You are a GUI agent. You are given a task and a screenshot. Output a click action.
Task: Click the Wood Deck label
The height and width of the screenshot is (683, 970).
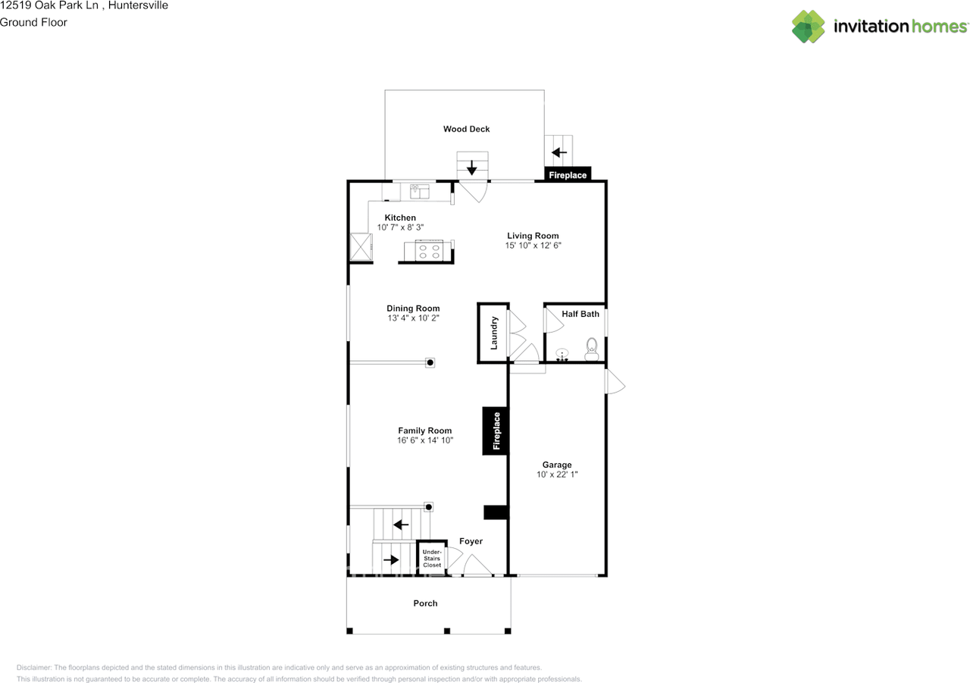pyautogui.click(x=466, y=129)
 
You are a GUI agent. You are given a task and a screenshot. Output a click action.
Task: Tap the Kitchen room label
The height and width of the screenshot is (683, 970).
pyautogui.click(x=400, y=218)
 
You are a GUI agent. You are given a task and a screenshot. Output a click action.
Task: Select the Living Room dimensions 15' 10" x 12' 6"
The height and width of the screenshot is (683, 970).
pyautogui.click(x=533, y=245)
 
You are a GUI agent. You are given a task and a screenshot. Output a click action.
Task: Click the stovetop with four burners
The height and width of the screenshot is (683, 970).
pyautogui.click(x=429, y=251)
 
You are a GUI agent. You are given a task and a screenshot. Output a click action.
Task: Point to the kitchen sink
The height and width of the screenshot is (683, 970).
pyautogui.click(x=419, y=191)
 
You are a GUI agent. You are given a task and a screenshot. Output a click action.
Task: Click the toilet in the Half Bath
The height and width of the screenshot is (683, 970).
pyautogui.click(x=592, y=349)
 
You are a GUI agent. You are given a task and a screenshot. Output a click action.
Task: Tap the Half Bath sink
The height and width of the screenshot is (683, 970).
pyautogui.click(x=562, y=355)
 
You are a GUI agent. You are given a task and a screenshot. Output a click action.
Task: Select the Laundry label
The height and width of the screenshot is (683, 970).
pyautogui.click(x=493, y=333)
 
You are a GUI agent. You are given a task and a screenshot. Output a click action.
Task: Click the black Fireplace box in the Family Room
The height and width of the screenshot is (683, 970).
pyautogui.click(x=496, y=431)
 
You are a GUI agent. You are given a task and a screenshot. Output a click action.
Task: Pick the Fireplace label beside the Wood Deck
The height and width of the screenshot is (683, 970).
pyautogui.click(x=568, y=175)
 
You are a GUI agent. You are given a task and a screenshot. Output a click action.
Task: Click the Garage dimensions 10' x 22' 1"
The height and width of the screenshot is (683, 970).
pyautogui.click(x=557, y=475)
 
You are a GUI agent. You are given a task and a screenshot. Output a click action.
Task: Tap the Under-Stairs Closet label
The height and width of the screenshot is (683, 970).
pyautogui.click(x=432, y=558)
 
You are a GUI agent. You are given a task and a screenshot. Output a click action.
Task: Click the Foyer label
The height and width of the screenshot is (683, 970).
pyautogui.click(x=471, y=541)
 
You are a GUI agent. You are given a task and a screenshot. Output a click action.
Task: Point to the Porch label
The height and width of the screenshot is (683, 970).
pyautogui.click(x=425, y=603)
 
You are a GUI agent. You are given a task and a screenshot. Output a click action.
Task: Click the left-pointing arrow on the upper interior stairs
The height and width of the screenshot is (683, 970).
pyautogui.click(x=401, y=525)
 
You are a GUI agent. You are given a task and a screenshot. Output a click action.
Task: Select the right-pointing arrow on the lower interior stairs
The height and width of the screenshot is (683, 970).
pyautogui.click(x=391, y=559)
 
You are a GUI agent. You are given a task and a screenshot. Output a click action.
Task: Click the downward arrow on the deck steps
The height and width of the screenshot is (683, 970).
pyautogui.click(x=471, y=168)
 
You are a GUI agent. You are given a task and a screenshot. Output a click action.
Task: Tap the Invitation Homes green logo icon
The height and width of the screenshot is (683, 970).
pyautogui.click(x=809, y=27)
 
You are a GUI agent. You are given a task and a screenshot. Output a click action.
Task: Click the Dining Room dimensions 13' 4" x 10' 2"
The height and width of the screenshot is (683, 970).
pyautogui.click(x=413, y=318)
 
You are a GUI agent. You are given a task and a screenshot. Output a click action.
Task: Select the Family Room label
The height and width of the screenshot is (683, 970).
pyautogui.click(x=425, y=431)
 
